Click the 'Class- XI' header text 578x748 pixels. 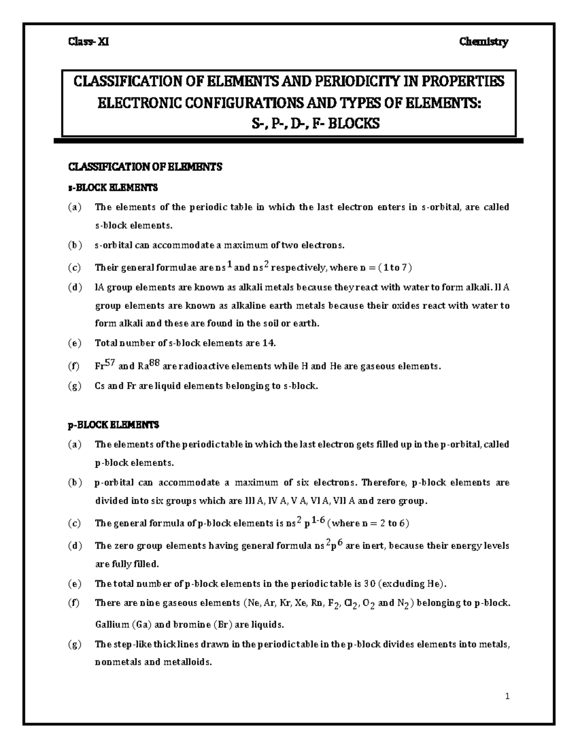(x=88, y=42)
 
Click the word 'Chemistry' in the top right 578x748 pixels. (x=484, y=42)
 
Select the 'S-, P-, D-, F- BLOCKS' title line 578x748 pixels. (x=316, y=124)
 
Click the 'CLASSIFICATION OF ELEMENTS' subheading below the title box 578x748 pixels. (x=144, y=167)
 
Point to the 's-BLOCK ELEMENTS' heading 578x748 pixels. (x=112, y=187)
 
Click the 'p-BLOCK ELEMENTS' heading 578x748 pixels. (x=113, y=425)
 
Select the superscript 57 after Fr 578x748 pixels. (x=111, y=364)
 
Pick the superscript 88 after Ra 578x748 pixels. (x=155, y=364)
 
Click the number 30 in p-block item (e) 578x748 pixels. (x=369, y=584)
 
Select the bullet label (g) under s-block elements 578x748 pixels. (x=75, y=386)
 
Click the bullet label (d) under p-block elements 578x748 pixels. (x=75, y=546)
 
